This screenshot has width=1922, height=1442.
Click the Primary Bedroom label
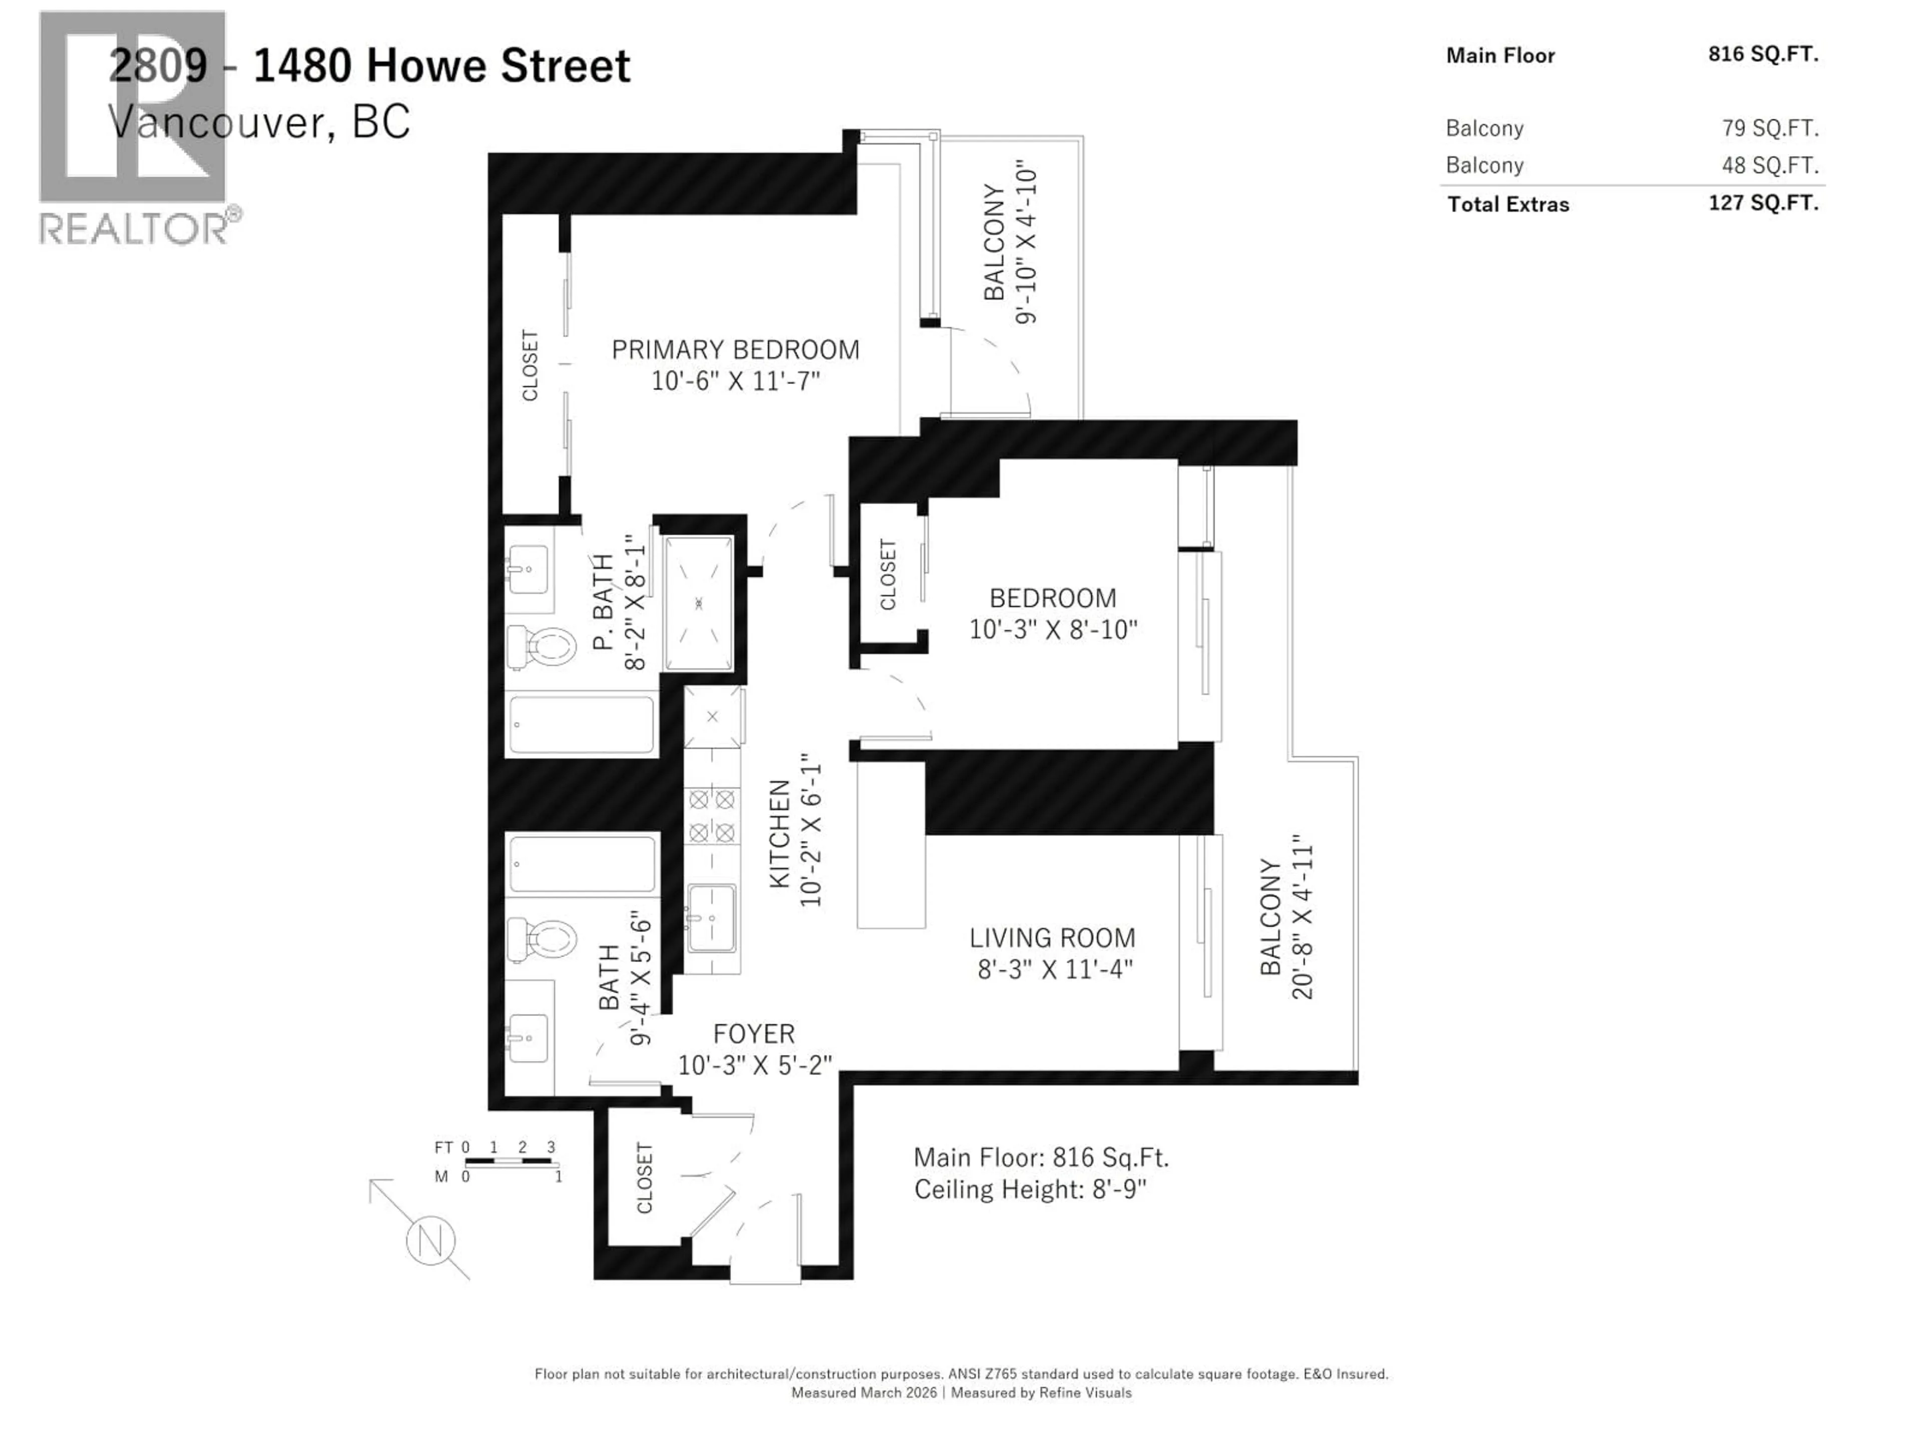[x=735, y=349]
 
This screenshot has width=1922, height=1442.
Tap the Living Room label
[x=1052, y=938]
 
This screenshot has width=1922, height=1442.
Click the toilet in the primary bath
[x=543, y=647]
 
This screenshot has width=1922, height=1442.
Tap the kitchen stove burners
[x=712, y=815]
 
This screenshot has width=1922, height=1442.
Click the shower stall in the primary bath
[x=699, y=602]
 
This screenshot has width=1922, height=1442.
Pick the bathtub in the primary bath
[x=581, y=723]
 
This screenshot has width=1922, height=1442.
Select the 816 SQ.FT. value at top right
[x=1763, y=54]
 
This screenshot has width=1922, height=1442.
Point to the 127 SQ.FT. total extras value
[x=1763, y=203]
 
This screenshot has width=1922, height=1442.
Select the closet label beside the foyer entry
[x=644, y=1178]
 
